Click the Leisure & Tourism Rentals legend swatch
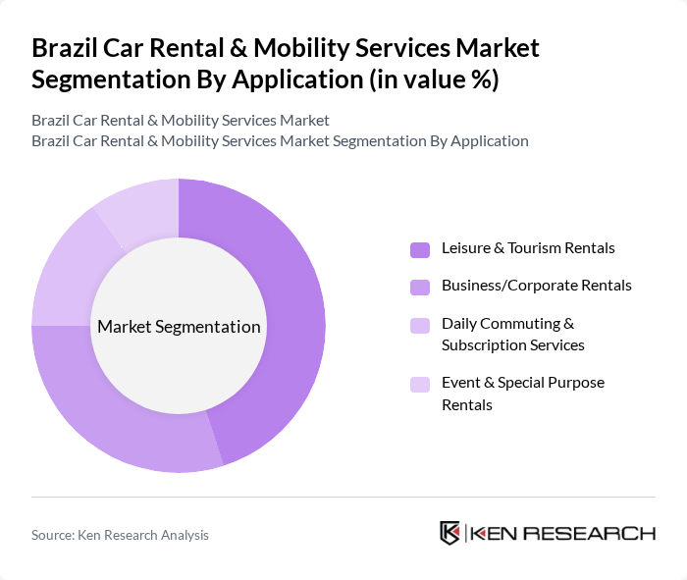pyautogui.click(x=420, y=249)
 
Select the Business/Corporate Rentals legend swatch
pyautogui.click(x=420, y=287)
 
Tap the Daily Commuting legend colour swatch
pyautogui.click(x=420, y=325)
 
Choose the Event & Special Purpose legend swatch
pyautogui.click(x=420, y=384)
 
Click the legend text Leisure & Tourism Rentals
pyautogui.click(x=528, y=248)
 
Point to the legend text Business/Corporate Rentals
pyautogui.click(x=536, y=286)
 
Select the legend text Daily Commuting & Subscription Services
pyautogui.click(x=512, y=334)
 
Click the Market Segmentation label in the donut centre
pyautogui.click(x=179, y=327)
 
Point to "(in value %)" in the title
pyautogui.click(x=432, y=79)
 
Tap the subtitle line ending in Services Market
pyautogui.click(x=181, y=121)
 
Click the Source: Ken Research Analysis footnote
pyautogui.click(x=120, y=535)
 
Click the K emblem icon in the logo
pyautogui.click(x=450, y=533)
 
